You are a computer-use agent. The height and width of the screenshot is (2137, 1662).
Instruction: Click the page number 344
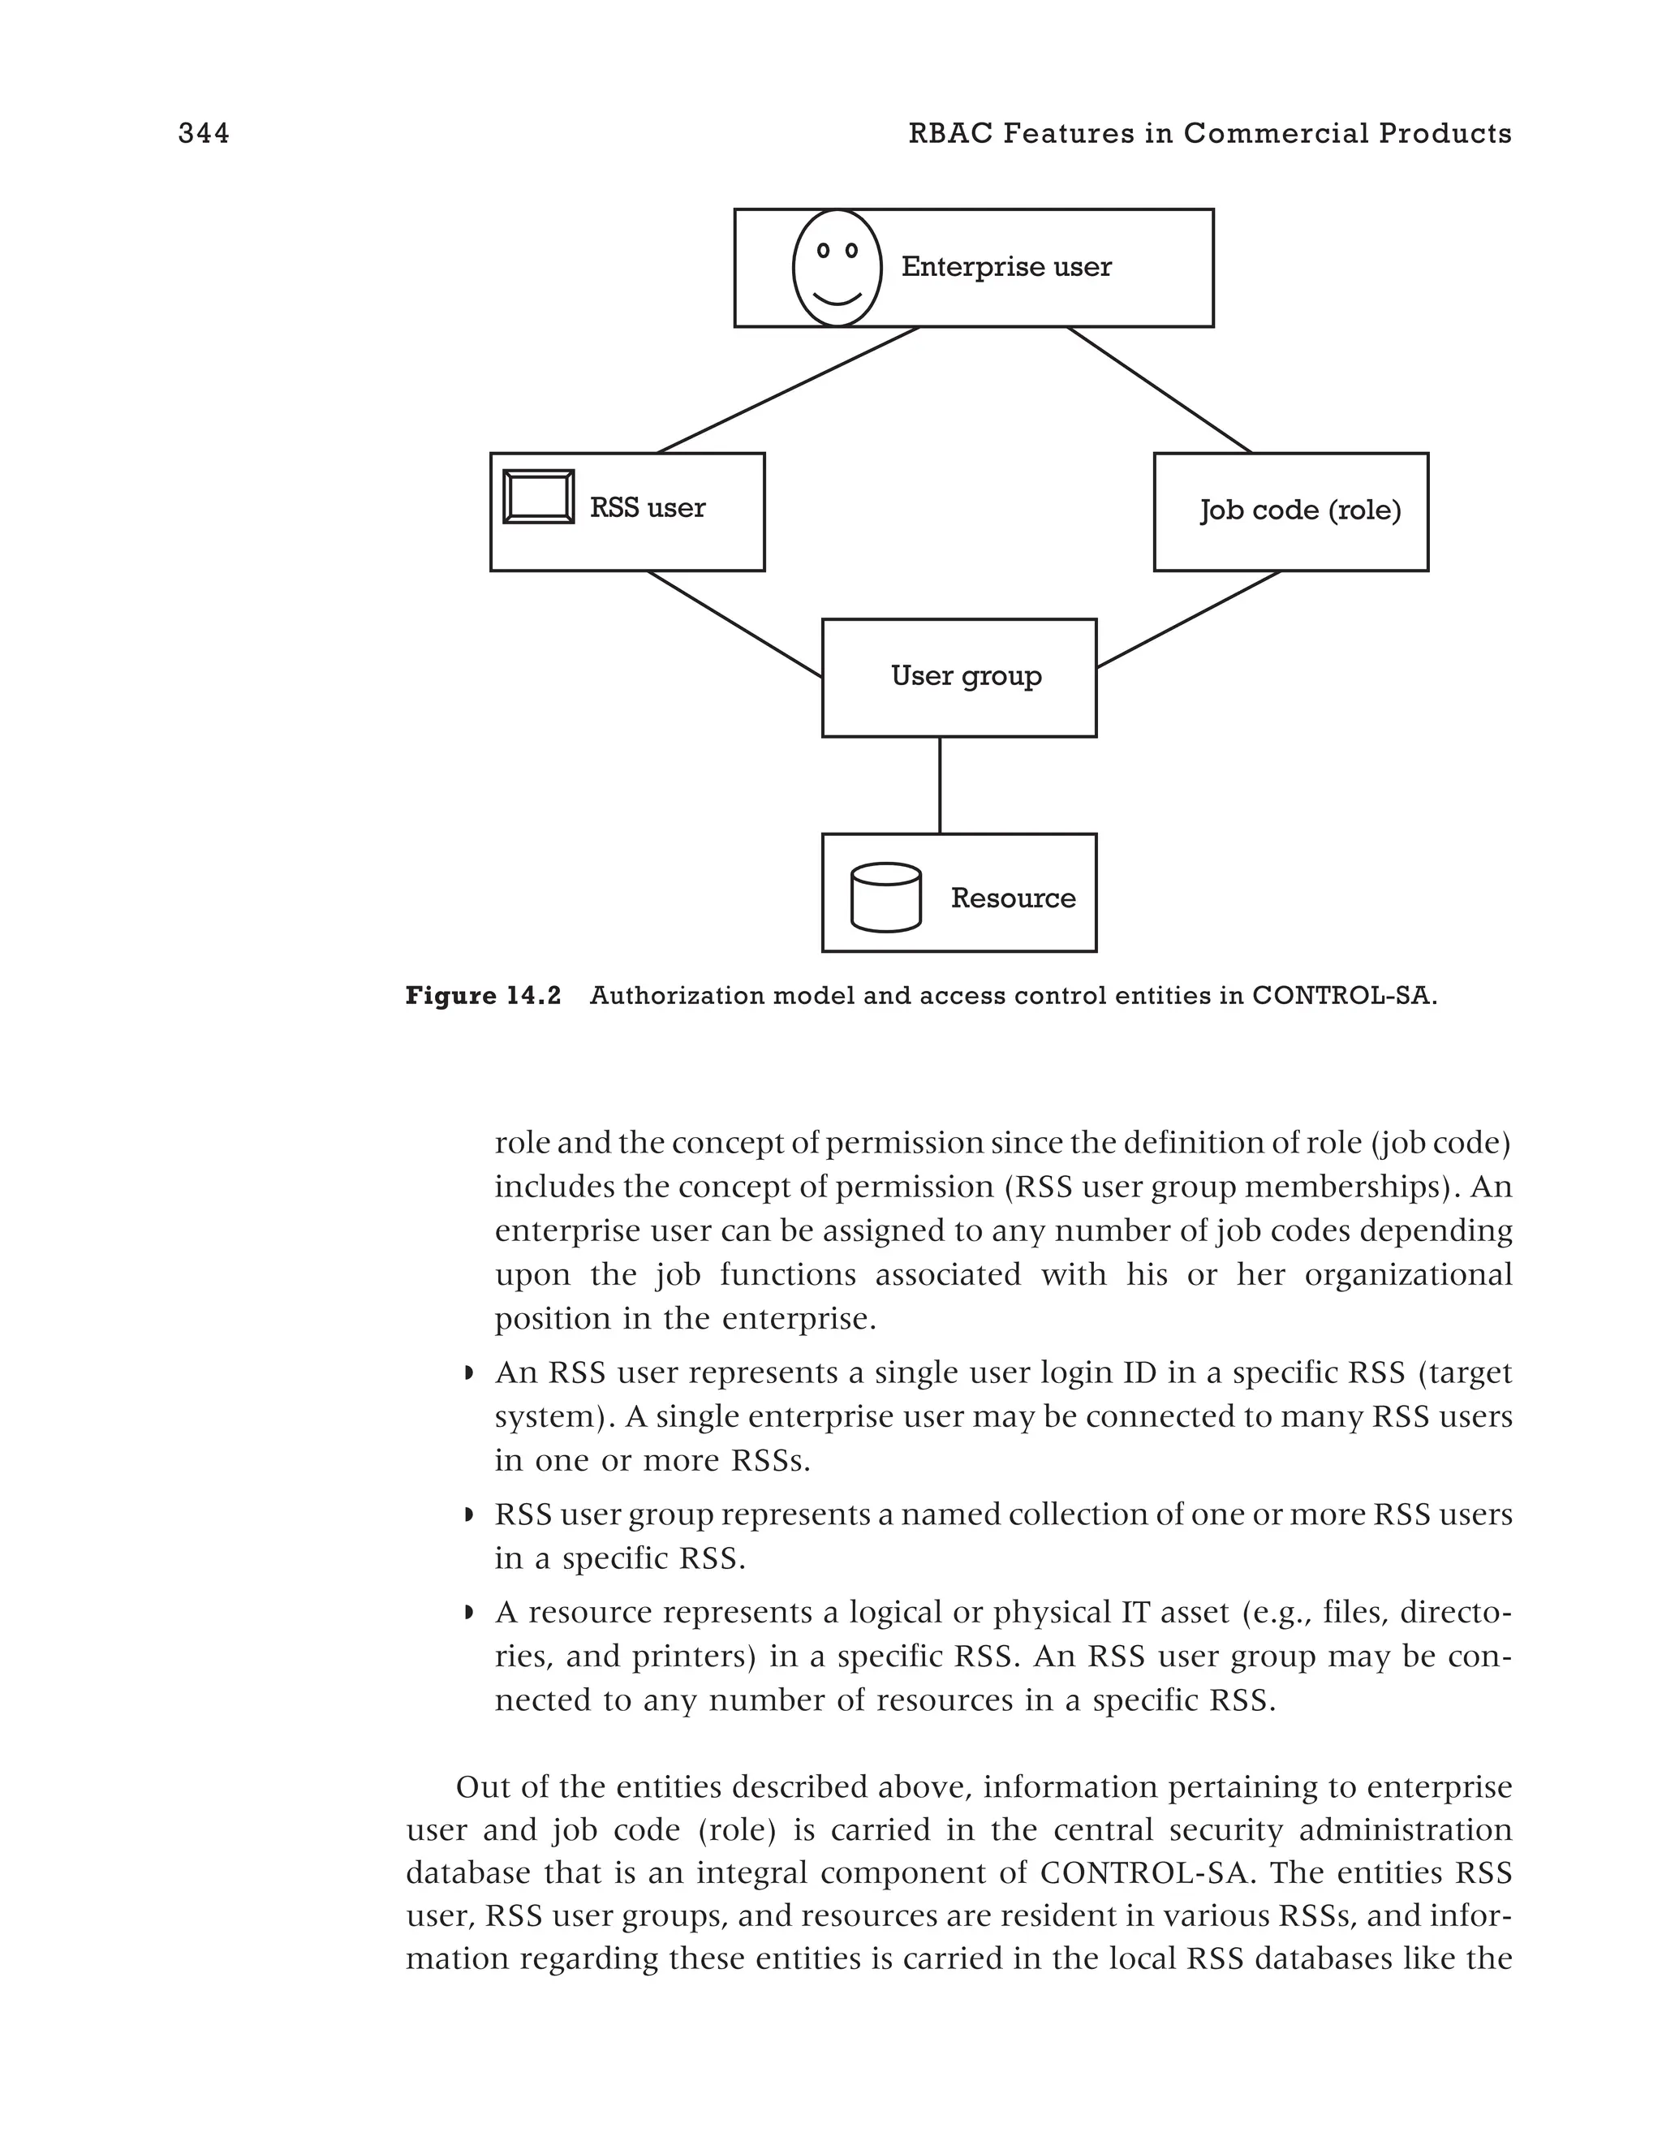(x=204, y=133)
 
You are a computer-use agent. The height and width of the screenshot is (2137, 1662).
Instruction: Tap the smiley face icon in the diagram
(x=837, y=268)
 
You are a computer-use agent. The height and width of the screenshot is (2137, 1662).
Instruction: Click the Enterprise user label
(x=1005, y=267)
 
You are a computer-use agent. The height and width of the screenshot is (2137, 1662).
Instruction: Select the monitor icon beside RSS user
(x=538, y=497)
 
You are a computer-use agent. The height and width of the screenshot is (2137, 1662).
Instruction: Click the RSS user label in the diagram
(x=647, y=508)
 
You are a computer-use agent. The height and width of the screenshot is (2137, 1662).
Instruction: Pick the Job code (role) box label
(x=1300, y=510)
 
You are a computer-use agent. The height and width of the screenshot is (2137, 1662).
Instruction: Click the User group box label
(x=966, y=676)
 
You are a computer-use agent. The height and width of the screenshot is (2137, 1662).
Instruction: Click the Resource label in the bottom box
(x=1013, y=898)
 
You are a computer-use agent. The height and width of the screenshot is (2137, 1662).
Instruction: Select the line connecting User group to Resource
(x=940, y=785)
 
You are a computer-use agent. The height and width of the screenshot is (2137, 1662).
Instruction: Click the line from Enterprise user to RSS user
(x=789, y=390)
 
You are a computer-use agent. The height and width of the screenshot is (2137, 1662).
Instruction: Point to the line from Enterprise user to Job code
(x=1160, y=390)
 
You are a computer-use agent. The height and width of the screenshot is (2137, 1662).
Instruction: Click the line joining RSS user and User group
(x=734, y=623)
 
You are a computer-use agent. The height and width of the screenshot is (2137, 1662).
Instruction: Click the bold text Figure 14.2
(x=483, y=996)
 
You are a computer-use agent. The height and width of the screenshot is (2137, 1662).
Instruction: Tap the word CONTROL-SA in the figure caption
(x=1343, y=996)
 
